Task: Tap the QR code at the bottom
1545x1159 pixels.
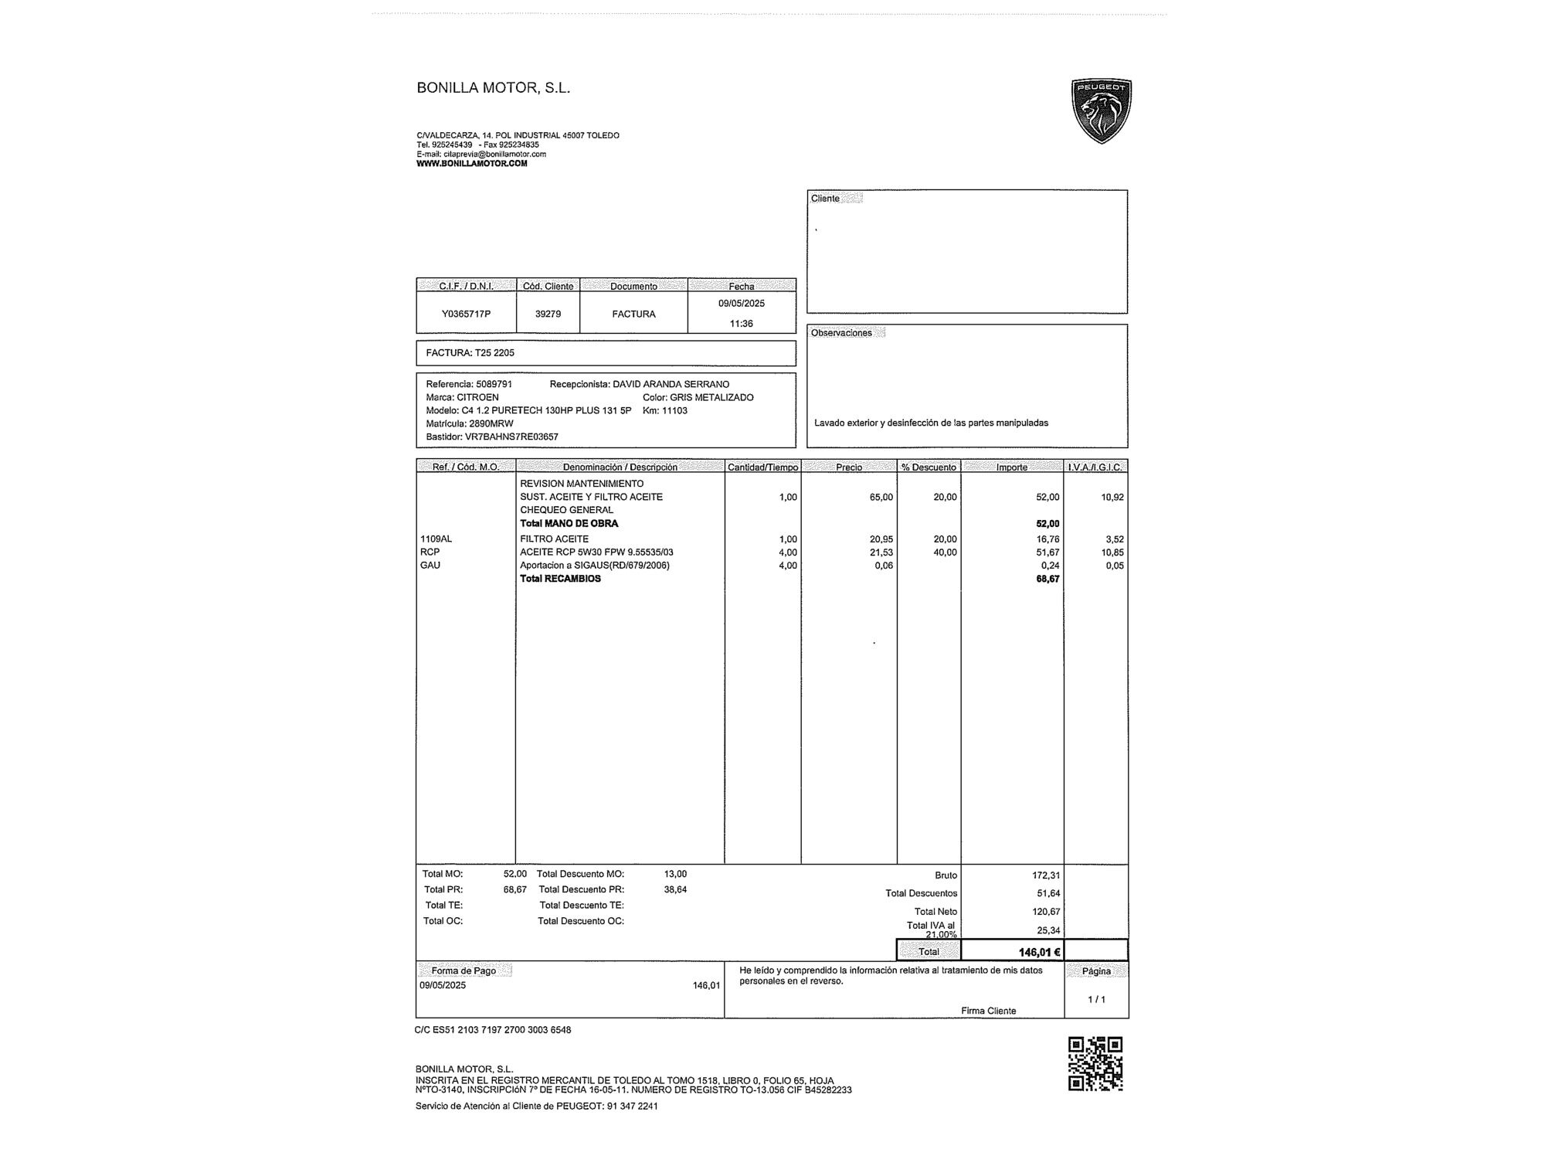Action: coord(1095,1064)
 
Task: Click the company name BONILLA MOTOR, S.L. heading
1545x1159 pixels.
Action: coord(493,88)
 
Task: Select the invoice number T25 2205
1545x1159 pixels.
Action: coord(494,353)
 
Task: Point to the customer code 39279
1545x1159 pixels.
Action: coord(548,314)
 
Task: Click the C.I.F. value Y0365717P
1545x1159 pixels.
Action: coord(466,314)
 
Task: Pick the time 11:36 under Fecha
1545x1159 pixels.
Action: coord(741,324)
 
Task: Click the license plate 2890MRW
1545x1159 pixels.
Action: coord(491,423)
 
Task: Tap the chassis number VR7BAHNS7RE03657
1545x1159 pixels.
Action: coord(511,437)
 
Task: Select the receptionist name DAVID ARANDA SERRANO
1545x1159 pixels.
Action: coord(671,384)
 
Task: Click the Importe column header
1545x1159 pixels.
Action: coord(1012,467)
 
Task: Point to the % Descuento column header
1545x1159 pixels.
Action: coord(929,467)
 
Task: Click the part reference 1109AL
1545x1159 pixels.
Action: coord(436,539)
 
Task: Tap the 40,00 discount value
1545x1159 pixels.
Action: coord(945,552)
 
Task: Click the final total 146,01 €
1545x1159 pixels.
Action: coord(1039,952)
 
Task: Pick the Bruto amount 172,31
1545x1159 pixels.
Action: coord(1046,875)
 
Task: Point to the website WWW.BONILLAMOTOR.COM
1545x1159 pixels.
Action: coord(471,164)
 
